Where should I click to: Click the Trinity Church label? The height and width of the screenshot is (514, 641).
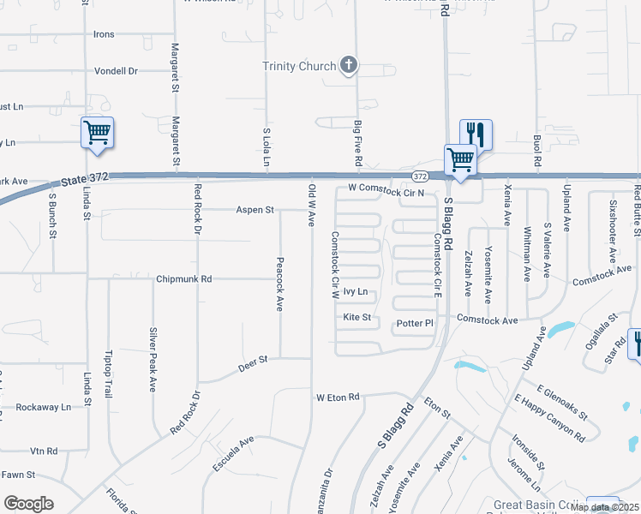[x=299, y=66]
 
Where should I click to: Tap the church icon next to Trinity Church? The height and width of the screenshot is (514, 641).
[x=349, y=65]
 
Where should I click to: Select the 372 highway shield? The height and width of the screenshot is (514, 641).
[x=419, y=176]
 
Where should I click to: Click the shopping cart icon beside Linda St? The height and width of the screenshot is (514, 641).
[x=98, y=133]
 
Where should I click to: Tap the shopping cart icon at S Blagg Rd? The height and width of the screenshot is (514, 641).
[x=460, y=159]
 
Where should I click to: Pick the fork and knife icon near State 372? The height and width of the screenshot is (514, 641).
[x=476, y=134]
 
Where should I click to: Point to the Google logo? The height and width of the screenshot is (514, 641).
[x=29, y=504]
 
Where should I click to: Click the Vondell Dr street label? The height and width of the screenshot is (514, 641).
[x=117, y=71]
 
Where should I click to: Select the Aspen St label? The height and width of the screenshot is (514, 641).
[x=255, y=210]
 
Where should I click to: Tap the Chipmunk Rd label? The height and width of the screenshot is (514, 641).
[x=183, y=279]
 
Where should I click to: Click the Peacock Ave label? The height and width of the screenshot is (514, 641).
[x=279, y=272]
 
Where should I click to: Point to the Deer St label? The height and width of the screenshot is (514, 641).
[x=253, y=362]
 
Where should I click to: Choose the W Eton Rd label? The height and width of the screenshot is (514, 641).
[x=338, y=397]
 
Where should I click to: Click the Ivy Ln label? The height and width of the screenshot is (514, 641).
[x=355, y=292]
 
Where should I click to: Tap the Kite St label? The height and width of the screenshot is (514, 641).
[x=356, y=318]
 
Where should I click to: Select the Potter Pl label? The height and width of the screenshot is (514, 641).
[x=416, y=324]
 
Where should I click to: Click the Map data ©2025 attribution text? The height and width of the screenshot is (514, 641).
[x=604, y=507]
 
